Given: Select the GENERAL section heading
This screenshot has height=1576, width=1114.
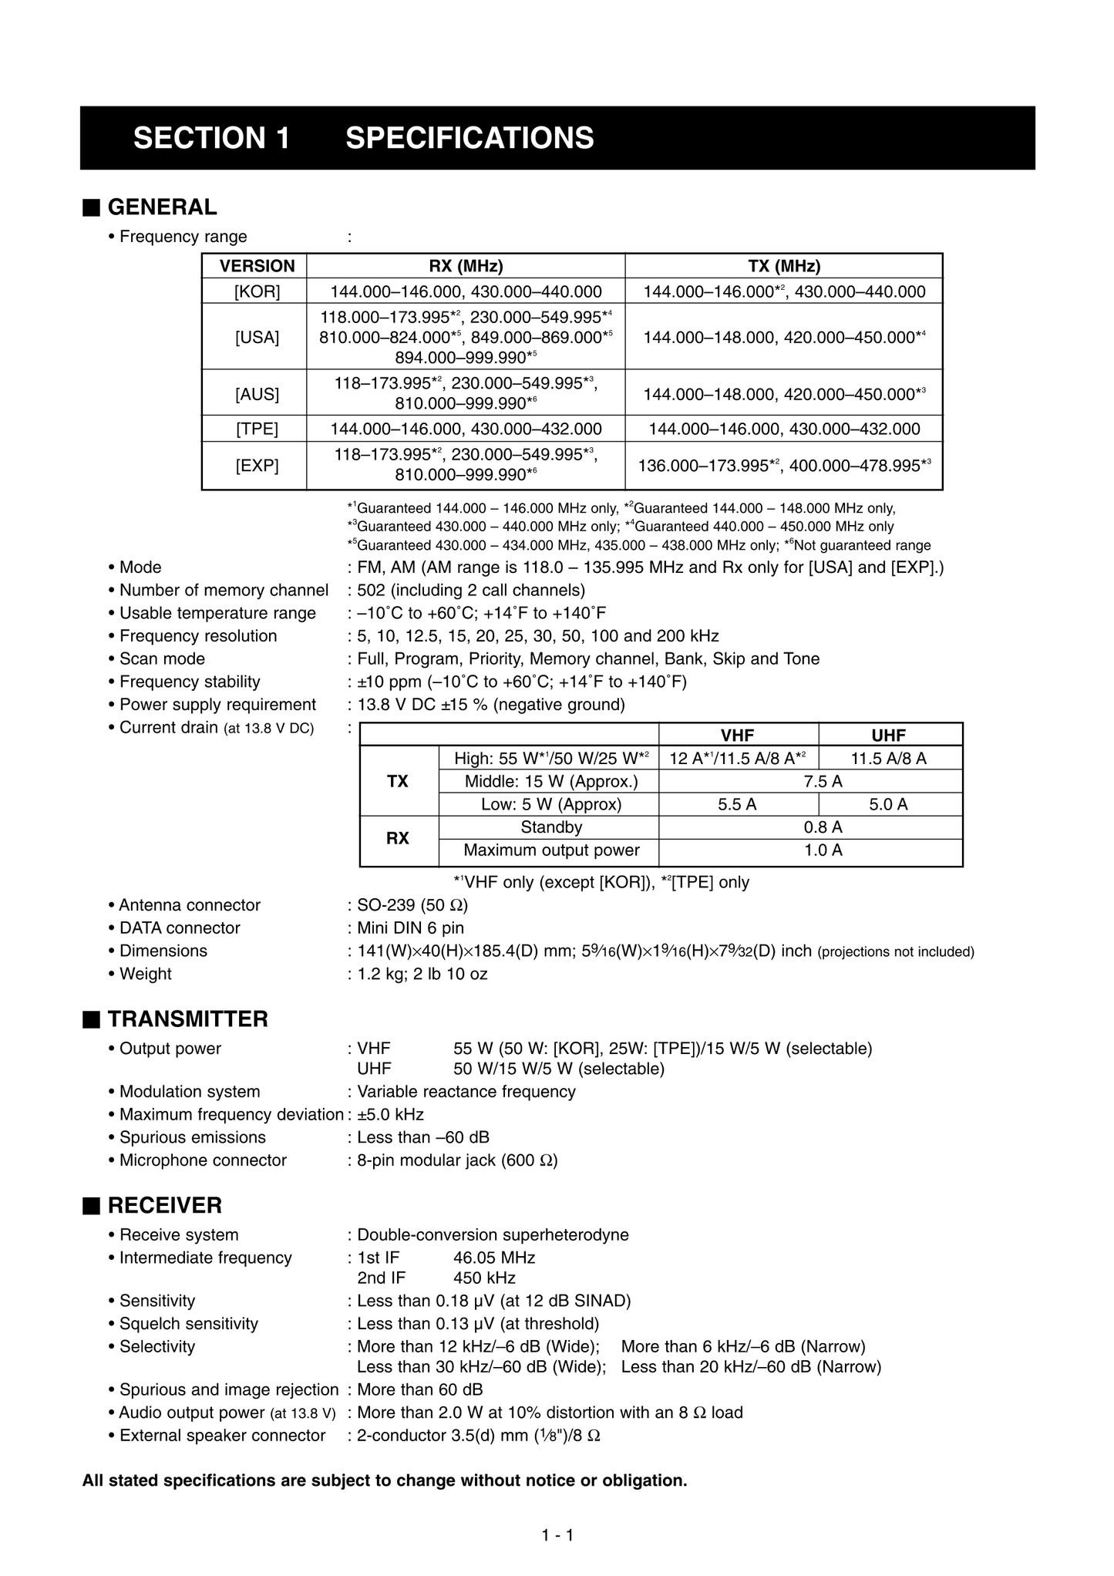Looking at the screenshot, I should (x=162, y=207).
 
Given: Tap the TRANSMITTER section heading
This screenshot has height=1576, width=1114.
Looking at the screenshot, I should (x=187, y=1019).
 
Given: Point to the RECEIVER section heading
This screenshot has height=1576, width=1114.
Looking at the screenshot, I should (x=164, y=1206).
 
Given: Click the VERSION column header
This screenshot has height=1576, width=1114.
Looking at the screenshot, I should (x=257, y=266).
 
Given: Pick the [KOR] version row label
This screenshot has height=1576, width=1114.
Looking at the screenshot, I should (x=257, y=291).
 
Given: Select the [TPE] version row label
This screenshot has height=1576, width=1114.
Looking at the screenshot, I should (x=257, y=429).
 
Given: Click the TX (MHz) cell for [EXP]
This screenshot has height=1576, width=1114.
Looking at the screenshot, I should (x=784, y=466).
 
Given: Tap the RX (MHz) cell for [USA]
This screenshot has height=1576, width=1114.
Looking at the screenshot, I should (x=466, y=337).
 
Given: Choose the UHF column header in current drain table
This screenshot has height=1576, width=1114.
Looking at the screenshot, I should (x=889, y=736).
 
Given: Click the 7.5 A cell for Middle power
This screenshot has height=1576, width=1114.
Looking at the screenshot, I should (x=823, y=782).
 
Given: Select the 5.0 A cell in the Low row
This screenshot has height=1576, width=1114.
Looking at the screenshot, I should (x=889, y=805).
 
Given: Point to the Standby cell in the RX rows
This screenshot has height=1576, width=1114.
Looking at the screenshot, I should (x=550, y=827).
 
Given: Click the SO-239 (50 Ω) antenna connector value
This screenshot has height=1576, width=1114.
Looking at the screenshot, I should (x=412, y=905).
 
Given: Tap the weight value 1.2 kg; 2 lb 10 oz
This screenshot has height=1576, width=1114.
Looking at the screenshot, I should (x=422, y=974).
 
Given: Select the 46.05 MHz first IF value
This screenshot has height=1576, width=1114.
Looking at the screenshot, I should (x=494, y=1258).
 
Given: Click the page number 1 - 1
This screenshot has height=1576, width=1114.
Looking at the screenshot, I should (x=557, y=1535).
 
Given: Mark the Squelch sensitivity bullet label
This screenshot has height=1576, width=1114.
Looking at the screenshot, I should (x=188, y=1324).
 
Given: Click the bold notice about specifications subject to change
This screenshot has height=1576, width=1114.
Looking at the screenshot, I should (x=385, y=1480).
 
